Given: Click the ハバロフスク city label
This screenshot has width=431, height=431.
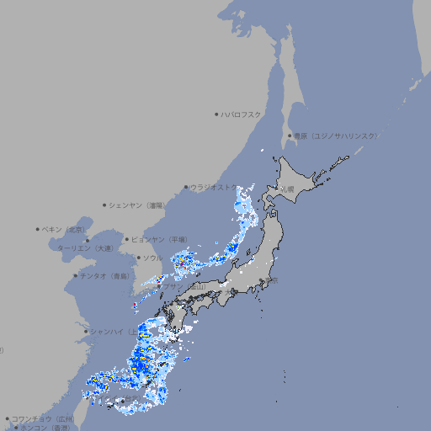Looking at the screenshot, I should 242,114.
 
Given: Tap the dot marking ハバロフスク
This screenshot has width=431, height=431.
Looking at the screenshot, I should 216,114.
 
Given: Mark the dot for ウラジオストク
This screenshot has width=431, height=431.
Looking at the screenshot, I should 186,188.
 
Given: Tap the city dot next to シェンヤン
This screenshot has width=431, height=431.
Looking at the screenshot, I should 105,205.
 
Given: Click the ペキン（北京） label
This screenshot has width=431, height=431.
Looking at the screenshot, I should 64,229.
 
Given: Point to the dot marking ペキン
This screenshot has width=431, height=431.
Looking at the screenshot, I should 38,229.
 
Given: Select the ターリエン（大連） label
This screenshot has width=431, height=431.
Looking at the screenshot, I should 84,248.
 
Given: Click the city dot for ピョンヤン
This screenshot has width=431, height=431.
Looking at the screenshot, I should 128,239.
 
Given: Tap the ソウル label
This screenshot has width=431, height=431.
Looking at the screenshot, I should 152,258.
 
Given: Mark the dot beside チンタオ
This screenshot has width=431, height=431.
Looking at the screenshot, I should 75,275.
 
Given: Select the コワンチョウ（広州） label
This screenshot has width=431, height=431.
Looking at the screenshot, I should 42,418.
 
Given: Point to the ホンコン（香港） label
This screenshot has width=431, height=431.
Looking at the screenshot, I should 44,428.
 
